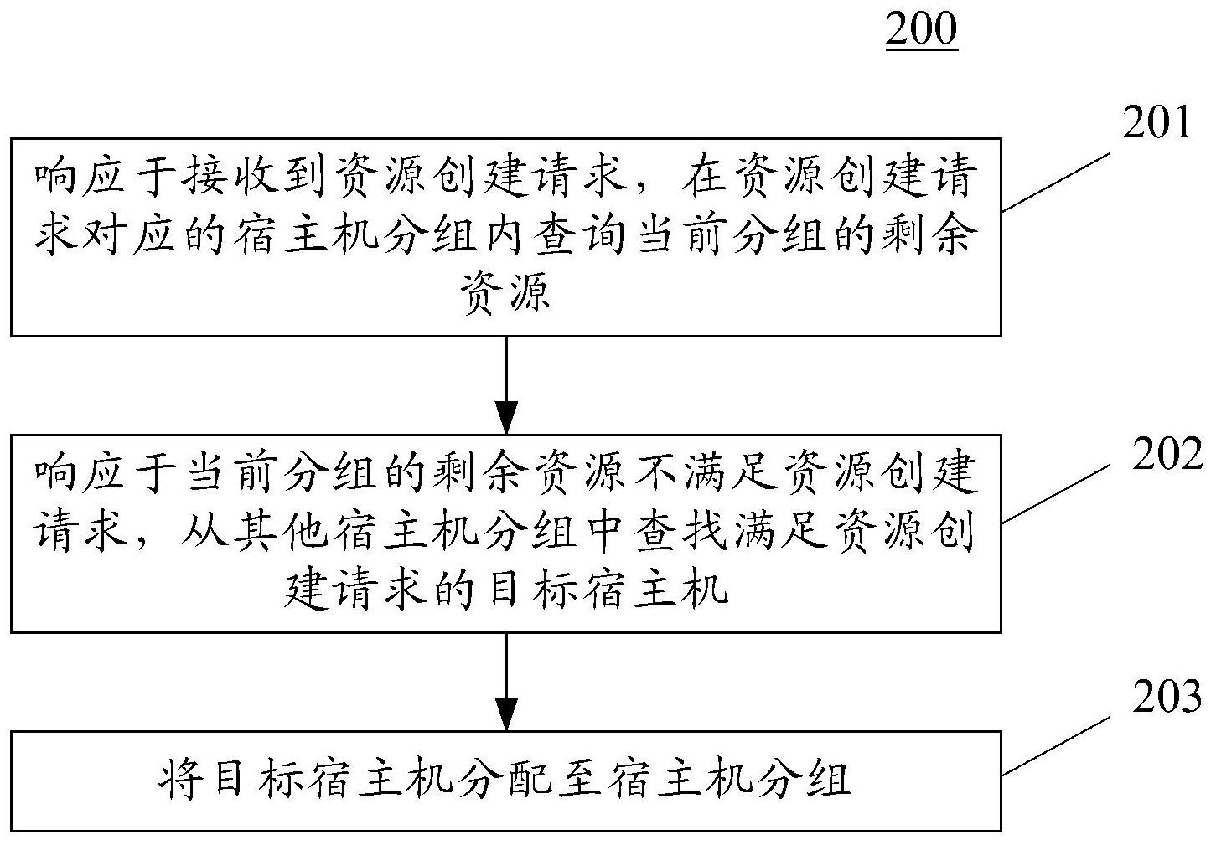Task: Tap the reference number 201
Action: coord(1156,122)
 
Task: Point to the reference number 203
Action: coord(1167,697)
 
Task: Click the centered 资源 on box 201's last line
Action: coord(506,295)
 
